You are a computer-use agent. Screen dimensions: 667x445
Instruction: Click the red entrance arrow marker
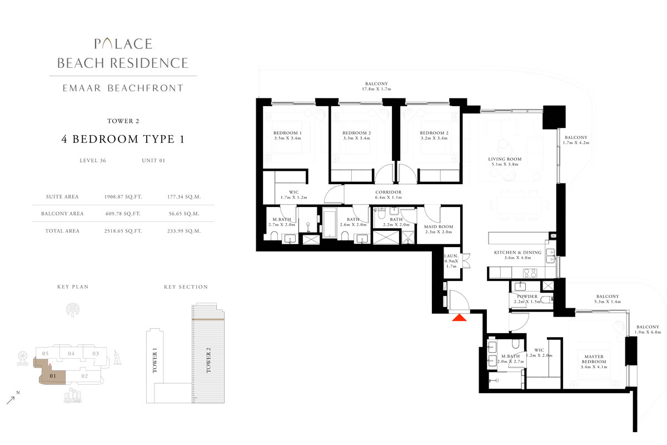(x=459, y=318)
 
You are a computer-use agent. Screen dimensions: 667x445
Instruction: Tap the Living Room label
(x=505, y=159)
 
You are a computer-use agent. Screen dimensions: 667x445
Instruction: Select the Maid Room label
(x=439, y=227)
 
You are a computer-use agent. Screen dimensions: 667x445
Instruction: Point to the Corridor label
(x=389, y=192)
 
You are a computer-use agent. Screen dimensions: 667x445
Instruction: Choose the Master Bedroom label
(x=594, y=359)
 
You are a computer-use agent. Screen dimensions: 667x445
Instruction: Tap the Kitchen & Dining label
(x=518, y=253)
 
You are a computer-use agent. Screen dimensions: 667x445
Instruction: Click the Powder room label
(x=527, y=296)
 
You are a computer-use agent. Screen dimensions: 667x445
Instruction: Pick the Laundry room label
(x=451, y=256)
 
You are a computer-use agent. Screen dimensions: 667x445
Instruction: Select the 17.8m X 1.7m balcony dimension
(x=376, y=89)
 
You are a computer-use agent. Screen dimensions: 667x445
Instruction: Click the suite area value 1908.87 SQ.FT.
(x=123, y=197)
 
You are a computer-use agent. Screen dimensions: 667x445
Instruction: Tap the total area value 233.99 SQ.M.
(x=184, y=231)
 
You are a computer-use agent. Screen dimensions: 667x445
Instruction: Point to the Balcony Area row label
(x=62, y=214)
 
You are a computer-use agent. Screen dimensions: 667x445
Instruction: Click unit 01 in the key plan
(x=53, y=376)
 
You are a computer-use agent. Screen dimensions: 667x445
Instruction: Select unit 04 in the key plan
(x=71, y=354)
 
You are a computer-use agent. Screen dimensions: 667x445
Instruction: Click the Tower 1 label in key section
(x=155, y=360)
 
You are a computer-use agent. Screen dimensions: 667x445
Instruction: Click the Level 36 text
(x=93, y=160)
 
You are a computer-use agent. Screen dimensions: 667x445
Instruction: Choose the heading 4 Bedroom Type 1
(x=123, y=139)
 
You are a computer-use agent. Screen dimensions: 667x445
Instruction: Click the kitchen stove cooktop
(x=530, y=273)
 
